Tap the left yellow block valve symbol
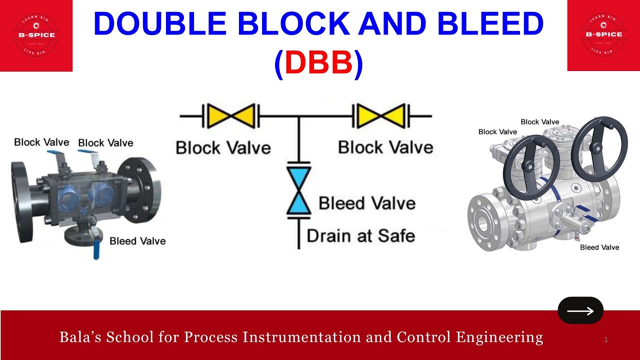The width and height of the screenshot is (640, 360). point(230,116)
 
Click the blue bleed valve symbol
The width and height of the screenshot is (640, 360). point(298,190)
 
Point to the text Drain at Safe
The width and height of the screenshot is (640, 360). point(360,235)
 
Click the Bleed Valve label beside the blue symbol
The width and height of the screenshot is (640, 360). point(367,203)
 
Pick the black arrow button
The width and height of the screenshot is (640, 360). point(580,310)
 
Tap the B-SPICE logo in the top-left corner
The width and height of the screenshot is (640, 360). point(36,34)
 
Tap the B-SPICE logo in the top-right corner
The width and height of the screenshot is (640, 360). point(603,34)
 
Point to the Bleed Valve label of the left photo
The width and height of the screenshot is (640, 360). point(137,241)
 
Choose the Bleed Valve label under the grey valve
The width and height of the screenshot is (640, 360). point(599,247)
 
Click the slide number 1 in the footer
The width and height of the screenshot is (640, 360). point(606,340)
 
